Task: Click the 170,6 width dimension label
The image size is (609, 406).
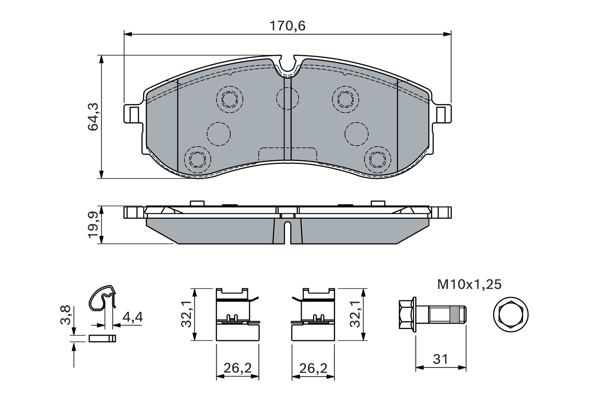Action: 287,26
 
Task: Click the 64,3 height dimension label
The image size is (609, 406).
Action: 93,117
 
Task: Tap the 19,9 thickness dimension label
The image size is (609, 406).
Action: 93,225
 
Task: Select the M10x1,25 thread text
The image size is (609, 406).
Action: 469,285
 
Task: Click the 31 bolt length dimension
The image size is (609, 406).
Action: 441,359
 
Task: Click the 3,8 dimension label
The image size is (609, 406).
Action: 67,315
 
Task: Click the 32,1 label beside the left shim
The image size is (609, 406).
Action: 187,315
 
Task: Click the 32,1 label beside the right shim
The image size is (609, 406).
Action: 354,315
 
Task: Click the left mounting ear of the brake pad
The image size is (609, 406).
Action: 133,114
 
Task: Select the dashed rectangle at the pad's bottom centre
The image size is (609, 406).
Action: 287,155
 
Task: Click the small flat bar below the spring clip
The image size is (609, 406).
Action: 102,338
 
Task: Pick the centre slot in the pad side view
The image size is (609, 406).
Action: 287,232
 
